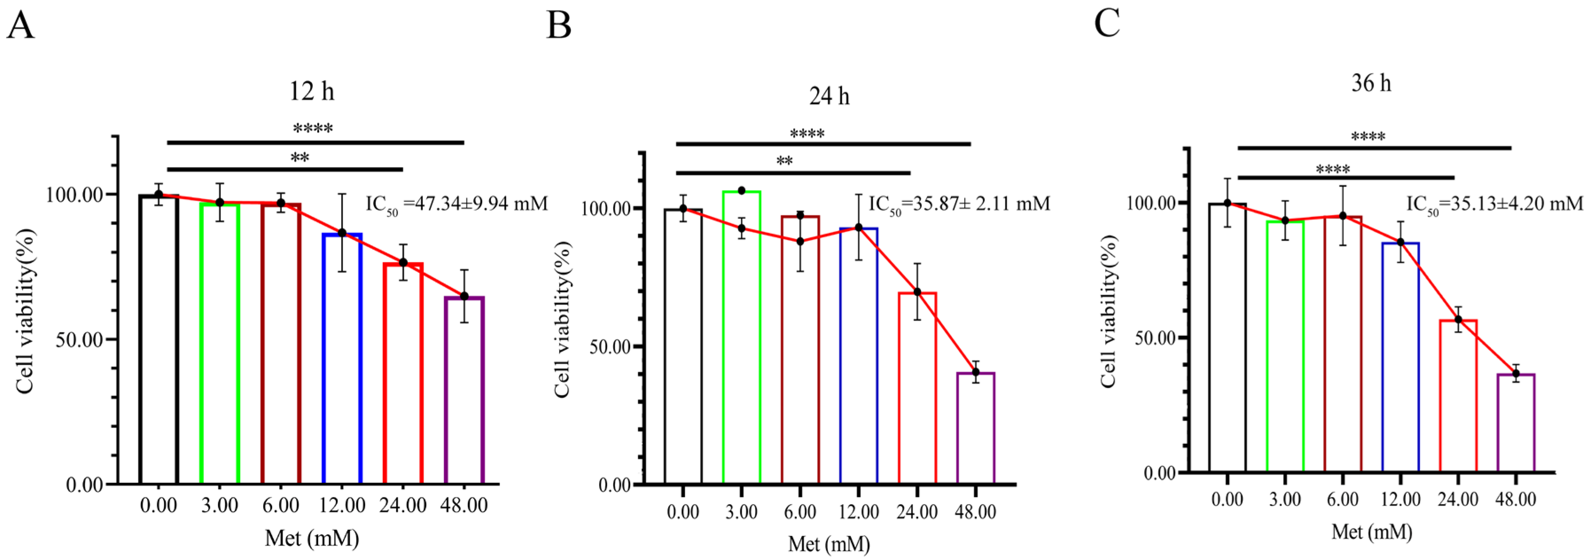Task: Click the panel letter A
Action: coord(20,26)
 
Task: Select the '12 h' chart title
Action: coord(312,92)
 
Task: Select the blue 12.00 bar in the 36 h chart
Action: coord(1400,358)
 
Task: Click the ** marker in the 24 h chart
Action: coord(784,162)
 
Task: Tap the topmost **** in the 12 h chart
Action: coord(313,129)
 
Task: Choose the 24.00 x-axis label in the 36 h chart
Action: coord(1457,499)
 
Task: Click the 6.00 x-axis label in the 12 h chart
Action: coord(280,505)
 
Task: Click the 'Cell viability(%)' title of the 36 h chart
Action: coord(1109,311)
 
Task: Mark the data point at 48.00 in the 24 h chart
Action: coord(976,372)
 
